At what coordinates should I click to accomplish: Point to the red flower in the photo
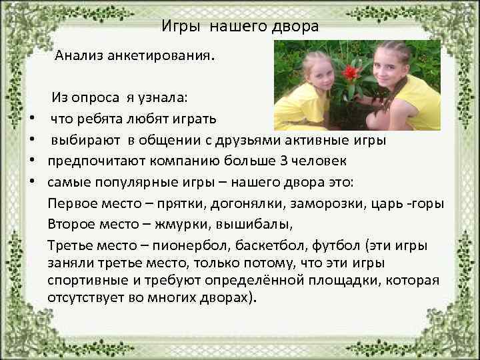click(350, 71)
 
